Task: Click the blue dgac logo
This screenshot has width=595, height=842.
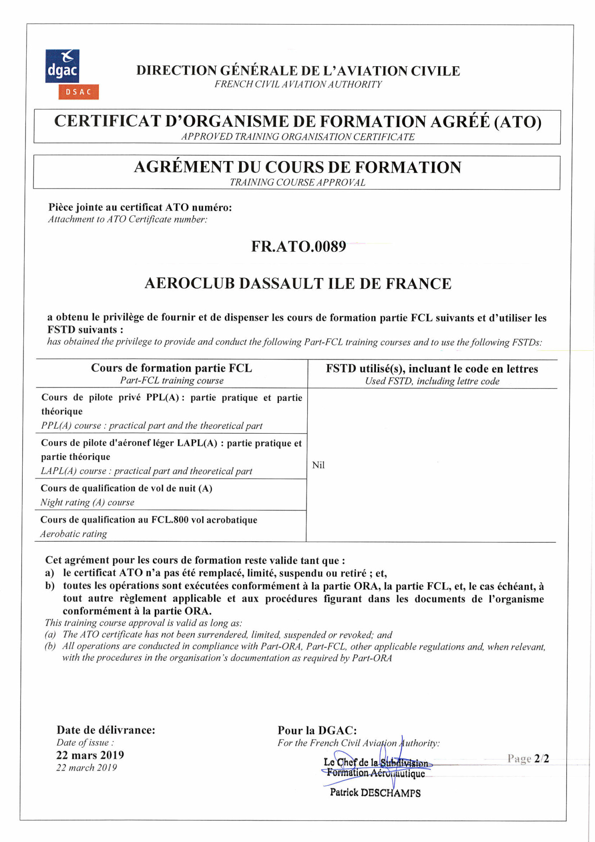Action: click(x=62, y=66)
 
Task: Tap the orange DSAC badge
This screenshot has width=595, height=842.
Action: click(x=78, y=92)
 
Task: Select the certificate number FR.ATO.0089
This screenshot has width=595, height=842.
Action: click(x=298, y=246)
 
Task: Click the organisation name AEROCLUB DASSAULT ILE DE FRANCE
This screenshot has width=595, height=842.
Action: click(x=298, y=284)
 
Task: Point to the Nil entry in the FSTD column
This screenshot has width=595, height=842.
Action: click(x=319, y=465)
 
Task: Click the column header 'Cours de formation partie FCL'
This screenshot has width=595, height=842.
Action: click(x=171, y=368)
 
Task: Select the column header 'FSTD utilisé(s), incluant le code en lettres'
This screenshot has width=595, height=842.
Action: click(x=432, y=369)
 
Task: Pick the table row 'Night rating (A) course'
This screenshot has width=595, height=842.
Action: click(x=88, y=503)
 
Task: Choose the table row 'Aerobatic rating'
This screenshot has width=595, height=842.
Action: click(x=74, y=534)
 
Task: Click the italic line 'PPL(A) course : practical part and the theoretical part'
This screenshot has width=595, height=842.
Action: click(x=152, y=426)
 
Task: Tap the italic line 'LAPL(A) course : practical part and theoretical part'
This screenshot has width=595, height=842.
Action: click(x=146, y=471)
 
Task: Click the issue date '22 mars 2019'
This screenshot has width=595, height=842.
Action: click(x=90, y=755)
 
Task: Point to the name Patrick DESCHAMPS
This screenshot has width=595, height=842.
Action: click(x=375, y=793)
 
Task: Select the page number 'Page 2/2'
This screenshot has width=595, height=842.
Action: click(x=528, y=759)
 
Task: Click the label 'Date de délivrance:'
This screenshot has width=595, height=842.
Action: click(x=106, y=730)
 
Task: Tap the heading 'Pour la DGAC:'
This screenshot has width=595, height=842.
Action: click(x=317, y=731)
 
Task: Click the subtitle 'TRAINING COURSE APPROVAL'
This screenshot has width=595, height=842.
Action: click(x=297, y=182)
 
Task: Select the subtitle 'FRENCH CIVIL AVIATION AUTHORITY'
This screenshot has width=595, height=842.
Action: click(x=298, y=84)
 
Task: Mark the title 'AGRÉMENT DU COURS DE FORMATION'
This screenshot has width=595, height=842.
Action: click(x=297, y=167)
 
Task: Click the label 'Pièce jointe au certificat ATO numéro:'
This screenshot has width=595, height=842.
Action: click(x=140, y=207)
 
